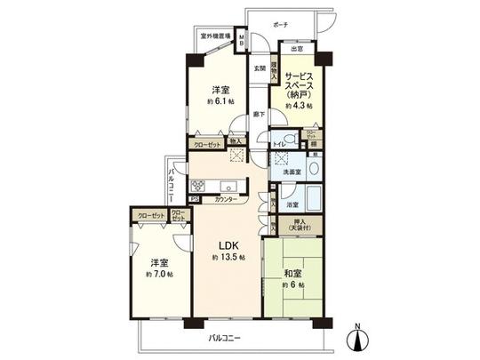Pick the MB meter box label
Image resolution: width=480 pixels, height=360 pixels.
coord(242,40)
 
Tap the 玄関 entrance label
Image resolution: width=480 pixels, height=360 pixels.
coord(260,68)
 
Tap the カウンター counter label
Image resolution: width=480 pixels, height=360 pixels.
coord(224,201)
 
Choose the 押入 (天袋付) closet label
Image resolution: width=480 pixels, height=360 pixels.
coord(300,225)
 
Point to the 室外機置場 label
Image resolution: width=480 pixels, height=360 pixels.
coord(216,37)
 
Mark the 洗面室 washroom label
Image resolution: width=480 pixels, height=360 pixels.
coord(293,172)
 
